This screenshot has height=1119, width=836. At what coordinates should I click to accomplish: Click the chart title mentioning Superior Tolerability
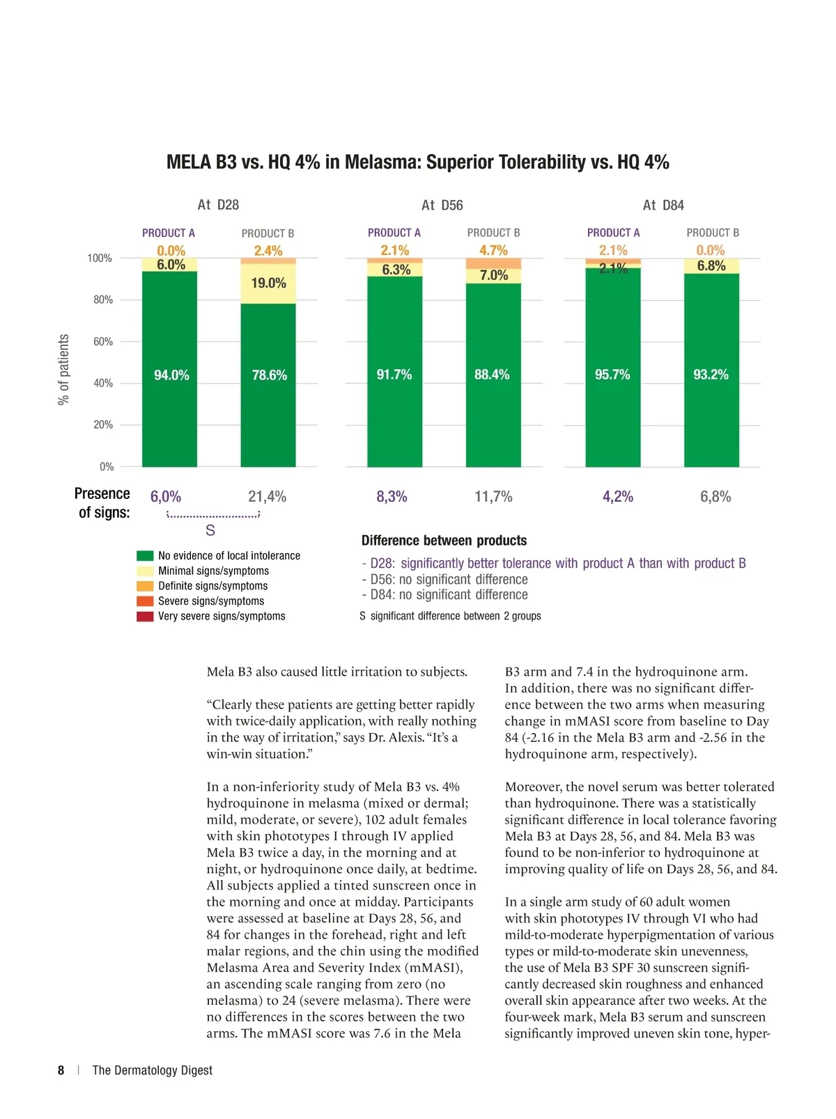tap(417, 162)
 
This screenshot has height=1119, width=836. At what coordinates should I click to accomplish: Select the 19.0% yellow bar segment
tap(268, 284)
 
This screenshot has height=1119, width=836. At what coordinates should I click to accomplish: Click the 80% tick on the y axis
tap(103, 300)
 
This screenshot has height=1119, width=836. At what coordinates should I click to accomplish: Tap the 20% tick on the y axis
tap(103, 425)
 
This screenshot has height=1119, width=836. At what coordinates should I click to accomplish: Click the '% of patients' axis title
tap(64, 369)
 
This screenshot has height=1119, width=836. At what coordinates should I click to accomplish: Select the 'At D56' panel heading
tap(442, 206)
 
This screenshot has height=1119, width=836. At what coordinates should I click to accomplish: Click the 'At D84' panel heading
tap(663, 206)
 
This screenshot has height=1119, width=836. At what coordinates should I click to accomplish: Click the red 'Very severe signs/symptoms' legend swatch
tap(145, 617)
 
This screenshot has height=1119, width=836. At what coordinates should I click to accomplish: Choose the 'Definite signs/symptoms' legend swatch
tap(145, 586)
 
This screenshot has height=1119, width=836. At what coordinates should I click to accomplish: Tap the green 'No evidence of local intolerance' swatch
tap(145, 556)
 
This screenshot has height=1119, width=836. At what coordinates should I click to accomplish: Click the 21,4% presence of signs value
tap(268, 497)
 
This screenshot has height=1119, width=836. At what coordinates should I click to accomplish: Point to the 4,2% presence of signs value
tap(618, 497)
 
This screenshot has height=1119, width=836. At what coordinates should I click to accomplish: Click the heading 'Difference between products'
tap(444, 541)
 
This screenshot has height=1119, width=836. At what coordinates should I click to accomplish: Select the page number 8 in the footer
tap(61, 1070)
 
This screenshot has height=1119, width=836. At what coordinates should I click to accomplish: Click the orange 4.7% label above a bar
tap(493, 250)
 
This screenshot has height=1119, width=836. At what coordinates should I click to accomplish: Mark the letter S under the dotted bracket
tap(210, 531)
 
